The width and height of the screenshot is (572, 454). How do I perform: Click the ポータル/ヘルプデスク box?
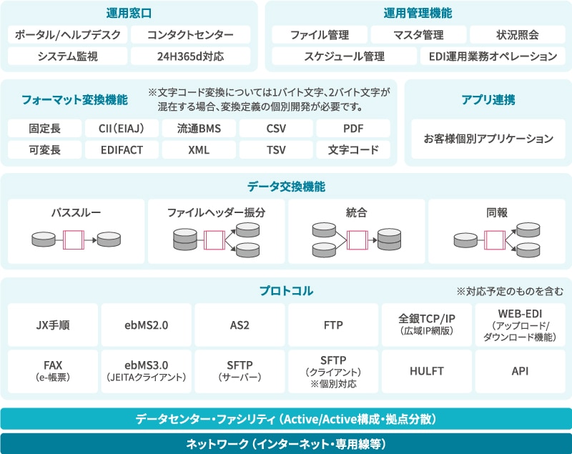click(x=68, y=35)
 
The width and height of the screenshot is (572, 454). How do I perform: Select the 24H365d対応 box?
click(x=191, y=56)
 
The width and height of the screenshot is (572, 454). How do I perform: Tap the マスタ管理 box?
click(x=418, y=35)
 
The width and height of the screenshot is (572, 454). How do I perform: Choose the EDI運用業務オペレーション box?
click(x=493, y=56)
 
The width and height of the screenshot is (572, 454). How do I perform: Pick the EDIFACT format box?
click(x=122, y=150)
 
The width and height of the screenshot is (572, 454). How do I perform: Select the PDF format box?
click(x=352, y=129)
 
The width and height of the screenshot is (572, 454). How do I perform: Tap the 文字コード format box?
click(x=352, y=150)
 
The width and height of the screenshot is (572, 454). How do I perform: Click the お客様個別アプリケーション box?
click(x=488, y=139)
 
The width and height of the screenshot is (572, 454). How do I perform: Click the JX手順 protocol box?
click(x=53, y=325)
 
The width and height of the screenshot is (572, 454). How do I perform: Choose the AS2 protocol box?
click(x=240, y=325)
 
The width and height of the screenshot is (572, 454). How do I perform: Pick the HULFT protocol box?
click(x=427, y=372)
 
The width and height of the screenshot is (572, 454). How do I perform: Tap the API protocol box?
click(x=520, y=372)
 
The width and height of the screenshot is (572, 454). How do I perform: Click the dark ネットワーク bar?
click(x=286, y=443)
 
